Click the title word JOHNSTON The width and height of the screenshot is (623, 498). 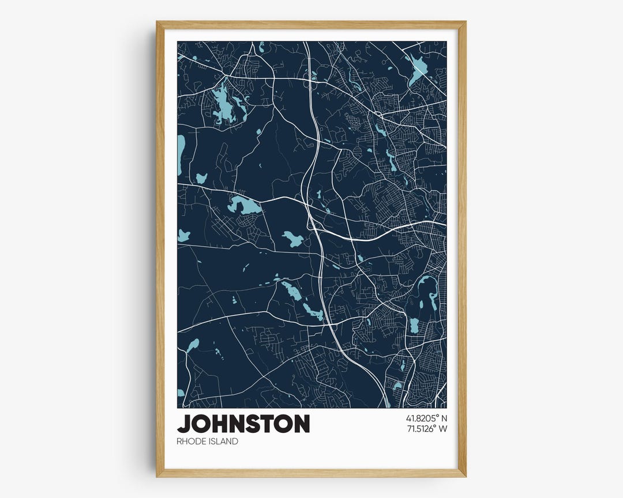pos(243,424)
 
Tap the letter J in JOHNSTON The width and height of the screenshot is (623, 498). pos(184,424)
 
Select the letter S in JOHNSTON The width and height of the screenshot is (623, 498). pos(258,424)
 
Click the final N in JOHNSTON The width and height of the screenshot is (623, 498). pos(301,424)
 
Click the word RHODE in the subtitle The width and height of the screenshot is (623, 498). pos(190,442)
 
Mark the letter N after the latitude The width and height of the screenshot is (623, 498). pos(444,417)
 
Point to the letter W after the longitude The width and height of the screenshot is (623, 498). pos(443,428)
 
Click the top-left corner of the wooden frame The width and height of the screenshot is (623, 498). pos(157,22)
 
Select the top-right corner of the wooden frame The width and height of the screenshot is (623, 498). pos(465,22)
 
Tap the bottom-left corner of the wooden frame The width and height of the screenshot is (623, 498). pos(157,476)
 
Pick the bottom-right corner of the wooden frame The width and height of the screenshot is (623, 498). pos(465,476)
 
